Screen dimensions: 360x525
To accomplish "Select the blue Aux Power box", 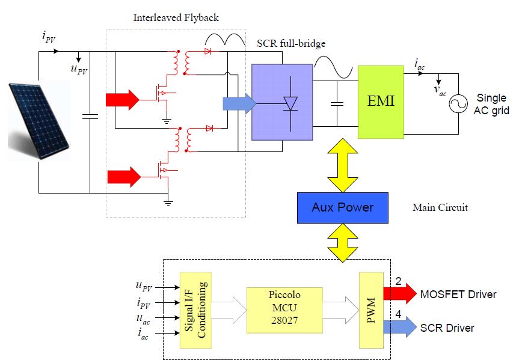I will point(342,208).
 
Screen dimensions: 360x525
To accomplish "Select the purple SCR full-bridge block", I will point(281,102).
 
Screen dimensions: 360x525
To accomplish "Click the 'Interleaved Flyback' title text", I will point(176,17).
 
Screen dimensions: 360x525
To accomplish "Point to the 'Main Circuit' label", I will point(440,208).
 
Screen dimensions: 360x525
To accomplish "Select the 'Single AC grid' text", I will point(491,104).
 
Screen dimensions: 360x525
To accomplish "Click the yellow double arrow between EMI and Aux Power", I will point(342,165).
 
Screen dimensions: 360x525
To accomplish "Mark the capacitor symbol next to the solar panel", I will point(90,117).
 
